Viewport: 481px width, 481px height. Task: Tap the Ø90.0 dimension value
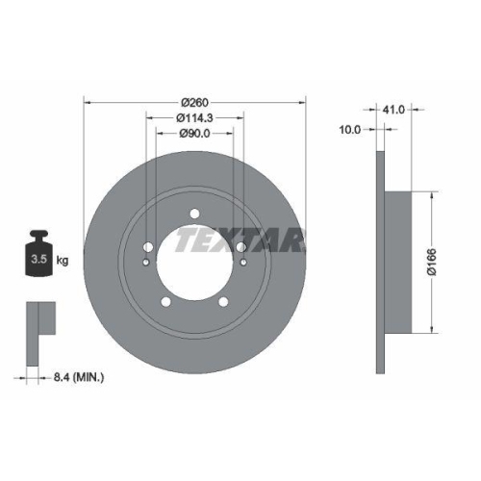195,134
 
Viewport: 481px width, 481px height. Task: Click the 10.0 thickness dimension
351,128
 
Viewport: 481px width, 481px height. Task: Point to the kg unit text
62,260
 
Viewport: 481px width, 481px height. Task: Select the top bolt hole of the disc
194,214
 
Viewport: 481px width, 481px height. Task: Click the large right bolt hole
241,246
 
